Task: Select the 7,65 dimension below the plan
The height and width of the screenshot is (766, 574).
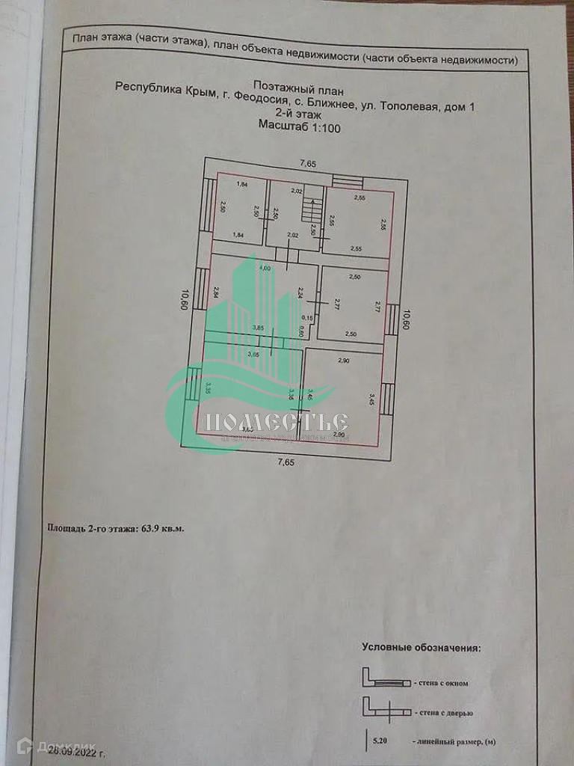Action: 286,462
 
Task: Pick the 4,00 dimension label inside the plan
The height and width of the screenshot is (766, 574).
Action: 264,268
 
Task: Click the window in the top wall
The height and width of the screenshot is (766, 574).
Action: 347,180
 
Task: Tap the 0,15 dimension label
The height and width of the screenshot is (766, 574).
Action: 301,318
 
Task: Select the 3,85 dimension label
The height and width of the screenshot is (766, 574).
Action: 258,328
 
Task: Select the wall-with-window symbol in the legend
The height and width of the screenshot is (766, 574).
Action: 387,681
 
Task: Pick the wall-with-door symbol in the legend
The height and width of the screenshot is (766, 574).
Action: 387,708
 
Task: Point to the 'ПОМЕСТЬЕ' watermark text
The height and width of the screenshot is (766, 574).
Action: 277,423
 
